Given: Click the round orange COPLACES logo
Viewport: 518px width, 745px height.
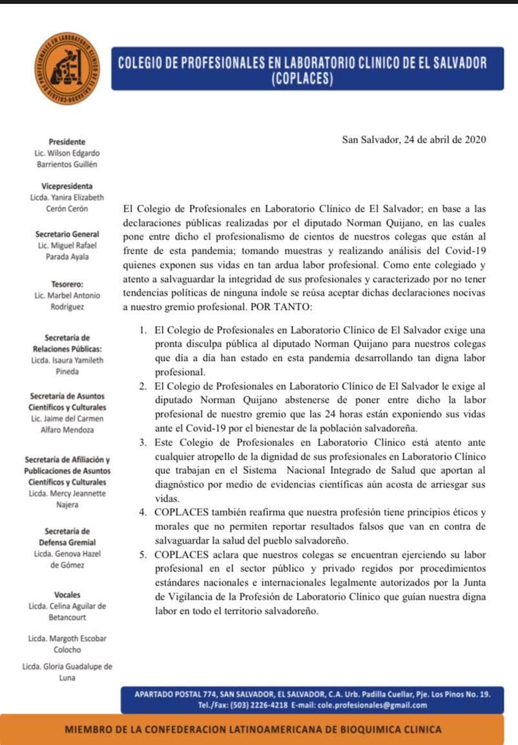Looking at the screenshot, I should tap(67, 70).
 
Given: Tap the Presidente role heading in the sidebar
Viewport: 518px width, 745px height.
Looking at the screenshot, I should tap(67, 141).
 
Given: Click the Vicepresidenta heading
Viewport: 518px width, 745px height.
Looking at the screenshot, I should tap(67, 186).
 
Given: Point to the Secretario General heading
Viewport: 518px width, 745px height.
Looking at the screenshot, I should tap(67, 234).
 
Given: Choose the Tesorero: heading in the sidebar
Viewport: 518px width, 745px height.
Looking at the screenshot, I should tap(67, 283).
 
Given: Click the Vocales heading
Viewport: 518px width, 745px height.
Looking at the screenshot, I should tap(67, 594).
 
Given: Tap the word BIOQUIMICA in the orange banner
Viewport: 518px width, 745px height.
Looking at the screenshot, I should tap(367, 730).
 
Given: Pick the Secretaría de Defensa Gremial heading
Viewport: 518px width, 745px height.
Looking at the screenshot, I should tap(67, 536).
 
